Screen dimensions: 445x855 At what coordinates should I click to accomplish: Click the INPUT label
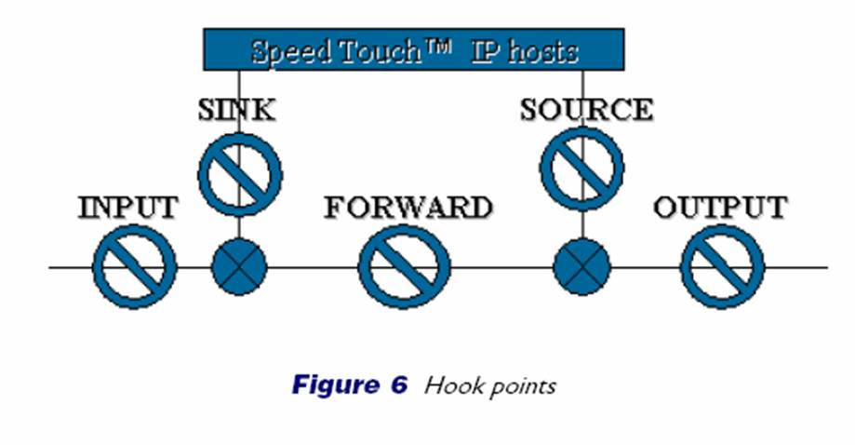click(128, 207)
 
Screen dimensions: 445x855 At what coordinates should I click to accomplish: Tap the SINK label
click(237, 110)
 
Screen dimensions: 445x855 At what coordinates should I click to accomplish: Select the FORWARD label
click(407, 207)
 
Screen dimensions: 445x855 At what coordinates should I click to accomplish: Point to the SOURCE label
click(586, 110)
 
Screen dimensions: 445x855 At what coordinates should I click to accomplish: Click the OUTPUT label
click(720, 207)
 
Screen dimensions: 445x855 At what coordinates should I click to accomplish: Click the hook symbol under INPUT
click(135, 266)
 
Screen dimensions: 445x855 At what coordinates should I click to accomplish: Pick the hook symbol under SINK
click(240, 173)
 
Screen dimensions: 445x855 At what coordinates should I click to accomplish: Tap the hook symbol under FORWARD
click(404, 266)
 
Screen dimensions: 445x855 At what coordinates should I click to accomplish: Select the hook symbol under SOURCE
click(582, 170)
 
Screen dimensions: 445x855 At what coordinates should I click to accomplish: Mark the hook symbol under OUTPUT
click(723, 266)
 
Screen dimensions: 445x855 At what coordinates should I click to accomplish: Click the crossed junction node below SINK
click(239, 267)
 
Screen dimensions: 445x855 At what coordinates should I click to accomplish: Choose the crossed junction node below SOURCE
click(581, 267)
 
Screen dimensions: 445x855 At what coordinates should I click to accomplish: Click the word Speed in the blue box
click(292, 50)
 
